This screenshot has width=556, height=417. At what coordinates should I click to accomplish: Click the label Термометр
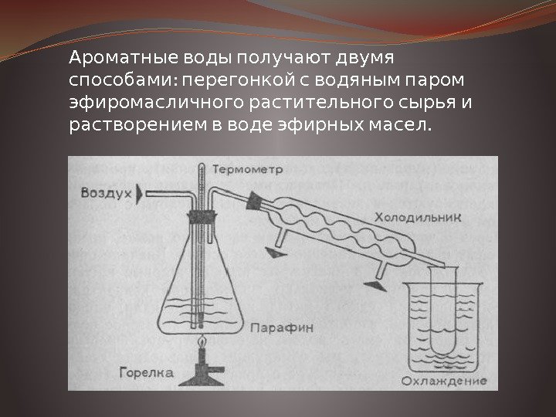[x=247, y=169]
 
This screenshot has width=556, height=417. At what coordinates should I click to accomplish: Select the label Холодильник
[x=419, y=217]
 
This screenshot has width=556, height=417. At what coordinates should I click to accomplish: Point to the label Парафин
[x=282, y=327]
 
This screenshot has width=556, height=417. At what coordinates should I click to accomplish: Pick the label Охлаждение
[x=443, y=381]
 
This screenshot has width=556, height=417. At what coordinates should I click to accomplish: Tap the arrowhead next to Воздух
[x=140, y=194]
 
